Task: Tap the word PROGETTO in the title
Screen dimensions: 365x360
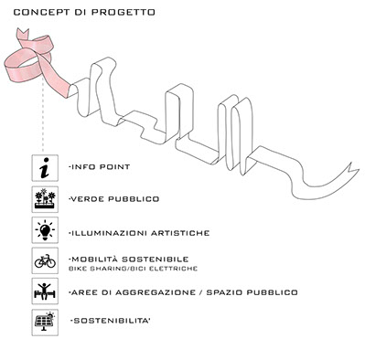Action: [123, 13]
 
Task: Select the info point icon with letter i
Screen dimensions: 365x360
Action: [45, 168]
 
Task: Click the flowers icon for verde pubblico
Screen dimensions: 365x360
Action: [45, 199]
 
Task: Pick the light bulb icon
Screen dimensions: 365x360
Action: [45, 230]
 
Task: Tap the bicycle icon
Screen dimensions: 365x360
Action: [45, 260]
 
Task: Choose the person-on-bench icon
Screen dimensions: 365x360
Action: [45, 291]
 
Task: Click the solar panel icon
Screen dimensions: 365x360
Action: [45, 323]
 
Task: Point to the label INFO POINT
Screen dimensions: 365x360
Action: [100, 167]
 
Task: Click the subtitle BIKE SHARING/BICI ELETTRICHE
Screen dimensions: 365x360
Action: [134, 269]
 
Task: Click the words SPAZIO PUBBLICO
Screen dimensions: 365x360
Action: [252, 292]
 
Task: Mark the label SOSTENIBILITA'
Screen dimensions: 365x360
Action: [111, 321]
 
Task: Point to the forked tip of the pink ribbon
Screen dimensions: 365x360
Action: [23, 32]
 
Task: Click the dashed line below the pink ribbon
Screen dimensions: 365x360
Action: [43, 116]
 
